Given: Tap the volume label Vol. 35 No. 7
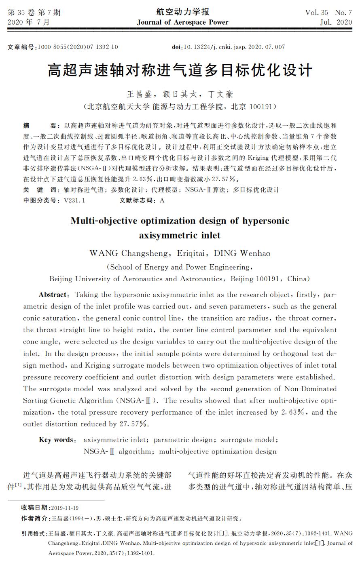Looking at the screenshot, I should (x=328, y=13).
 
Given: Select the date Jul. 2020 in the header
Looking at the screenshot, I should (x=336, y=22).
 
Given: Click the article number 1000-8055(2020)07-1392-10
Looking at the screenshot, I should (x=78, y=47).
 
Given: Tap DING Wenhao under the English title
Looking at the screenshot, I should (x=242, y=253).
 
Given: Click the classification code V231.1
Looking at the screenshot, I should (x=74, y=200).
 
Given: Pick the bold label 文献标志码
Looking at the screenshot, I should (x=137, y=200).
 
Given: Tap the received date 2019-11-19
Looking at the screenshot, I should (x=65, y=508).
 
